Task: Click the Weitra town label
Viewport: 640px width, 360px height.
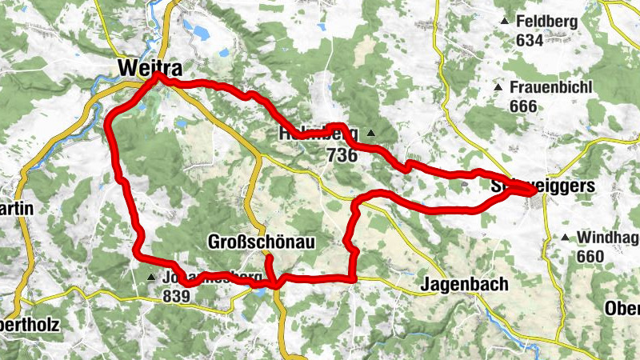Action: pyautogui.click(x=146, y=68)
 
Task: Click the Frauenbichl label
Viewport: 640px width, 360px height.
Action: pyautogui.click(x=552, y=87)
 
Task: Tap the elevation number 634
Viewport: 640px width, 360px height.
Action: pyautogui.click(x=530, y=40)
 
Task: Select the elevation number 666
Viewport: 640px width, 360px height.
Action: pyautogui.click(x=523, y=105)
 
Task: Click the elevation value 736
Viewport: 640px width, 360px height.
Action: pyautogui.click(x=342, y=156)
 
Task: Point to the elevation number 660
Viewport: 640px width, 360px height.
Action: pyautogui.click(x=590, y=256)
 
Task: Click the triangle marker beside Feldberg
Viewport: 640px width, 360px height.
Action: pyautogui.click(x=504, y=21)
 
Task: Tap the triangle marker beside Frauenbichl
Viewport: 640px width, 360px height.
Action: pyautogui.click(x=498, y=86)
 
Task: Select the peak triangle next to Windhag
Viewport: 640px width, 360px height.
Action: pyautogui.click(x=565, y=237)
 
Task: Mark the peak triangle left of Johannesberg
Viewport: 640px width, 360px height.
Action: pyautogui.click(x=151, y=278)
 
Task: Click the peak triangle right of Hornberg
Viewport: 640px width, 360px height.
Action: pyautogui.click(x=371, y=133)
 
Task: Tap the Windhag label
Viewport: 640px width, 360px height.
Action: pyautogui.click(x=606, y=238)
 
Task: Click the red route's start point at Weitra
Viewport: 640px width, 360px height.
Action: pyautogui.click(x=158, y=78)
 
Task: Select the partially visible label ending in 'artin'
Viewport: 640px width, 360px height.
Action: pyautogui.click(x=16, y=208)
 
